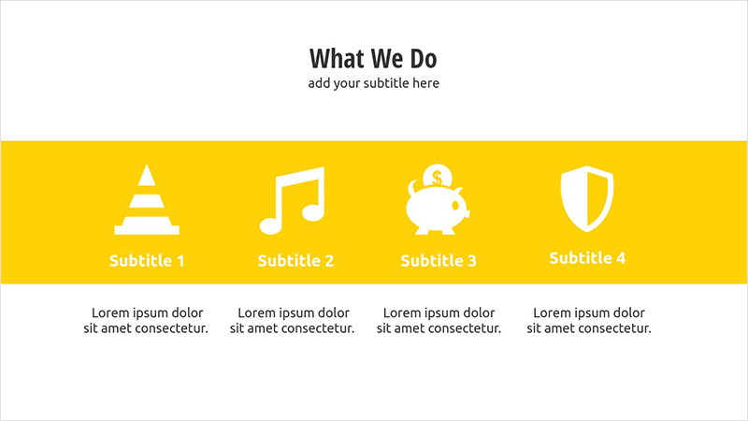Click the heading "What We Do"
point(373,58)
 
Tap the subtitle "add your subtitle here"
point(373,83)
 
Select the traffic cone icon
point(147,199)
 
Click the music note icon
point(293,200)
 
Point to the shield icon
point(587,199)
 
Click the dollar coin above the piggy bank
point(437,177)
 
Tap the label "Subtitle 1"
point(147,261)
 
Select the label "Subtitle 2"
point(295,261)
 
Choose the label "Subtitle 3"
point(439,261)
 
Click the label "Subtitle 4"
point(587,258)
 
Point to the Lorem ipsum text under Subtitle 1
point(146,320)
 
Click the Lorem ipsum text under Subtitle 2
point(293,320)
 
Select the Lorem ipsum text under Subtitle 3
point(439,320)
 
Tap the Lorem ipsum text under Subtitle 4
point(589,320)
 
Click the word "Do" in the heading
point(424,59)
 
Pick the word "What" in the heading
point(337,58)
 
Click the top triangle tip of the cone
point(147,165)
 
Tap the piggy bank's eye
point(455,206)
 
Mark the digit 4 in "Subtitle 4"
point(621,258)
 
